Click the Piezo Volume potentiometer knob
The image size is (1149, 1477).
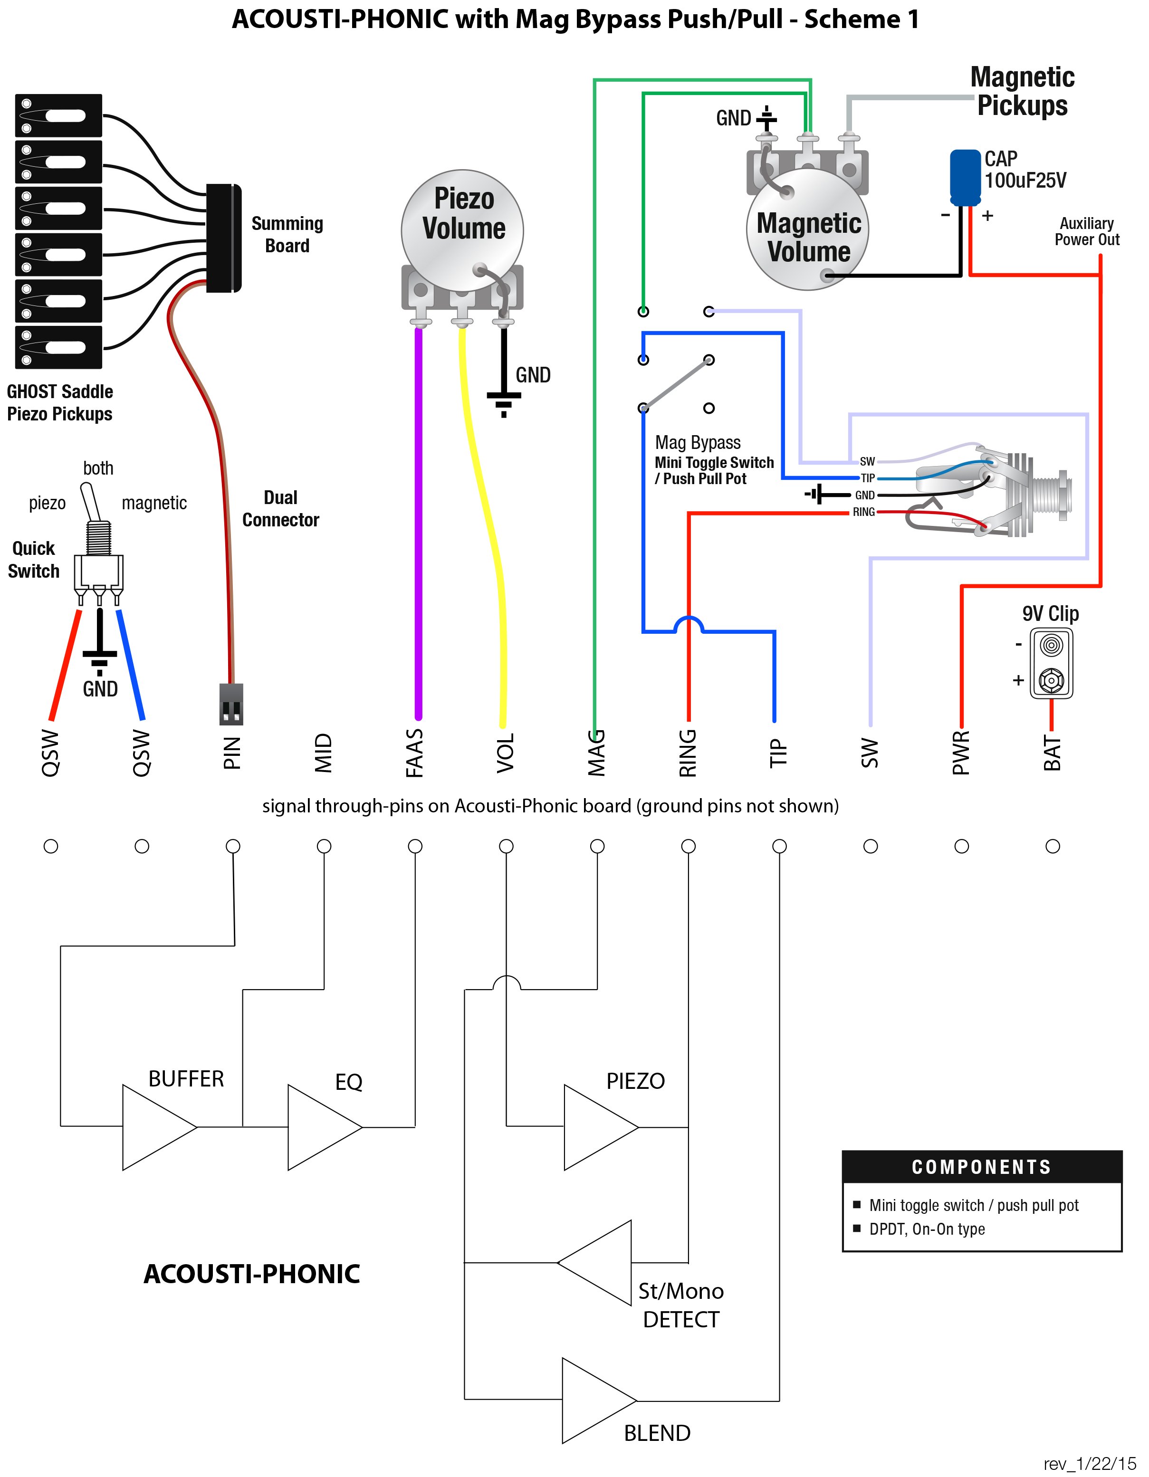point(462,230)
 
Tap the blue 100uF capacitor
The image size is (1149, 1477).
point(965,177)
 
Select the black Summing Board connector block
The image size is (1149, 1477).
point(224,238)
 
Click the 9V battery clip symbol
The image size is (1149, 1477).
point(1051,663)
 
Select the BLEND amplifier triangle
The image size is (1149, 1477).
point(599,1401)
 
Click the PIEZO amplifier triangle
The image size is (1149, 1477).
point(601,1127)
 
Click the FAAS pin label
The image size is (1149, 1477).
point(414,753)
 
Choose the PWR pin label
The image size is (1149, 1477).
point(961,752)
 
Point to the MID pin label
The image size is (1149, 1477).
point(324,753)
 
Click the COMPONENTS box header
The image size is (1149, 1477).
point(982,1167)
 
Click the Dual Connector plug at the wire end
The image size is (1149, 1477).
point(231,704)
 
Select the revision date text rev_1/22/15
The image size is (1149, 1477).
point(1090,1464)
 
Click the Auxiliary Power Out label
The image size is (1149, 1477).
point(1087,231)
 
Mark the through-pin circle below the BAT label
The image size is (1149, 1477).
point(1052,846)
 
